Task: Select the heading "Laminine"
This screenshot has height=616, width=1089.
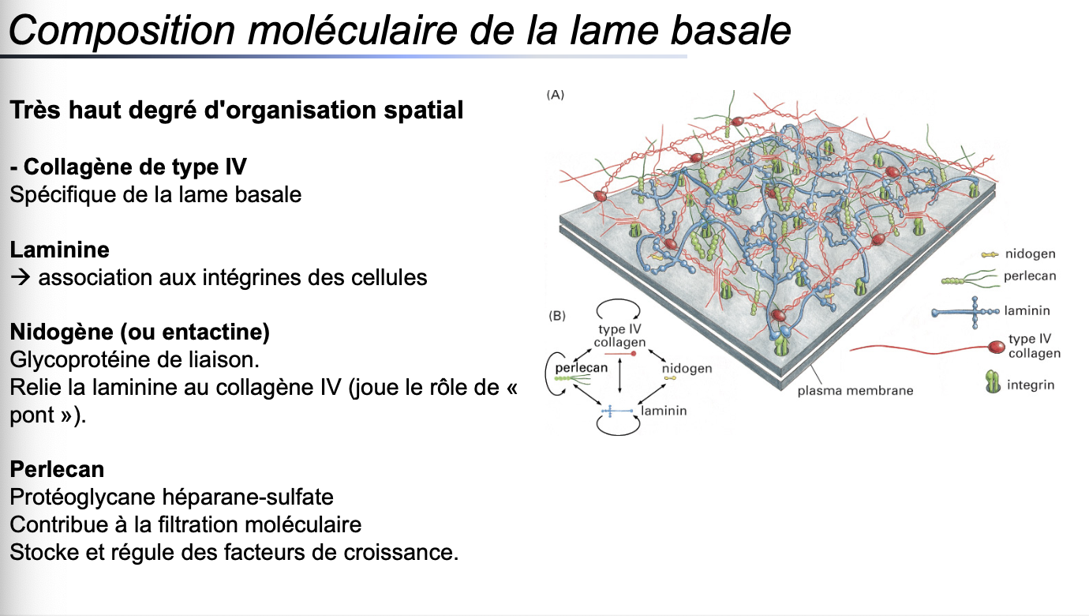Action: [60, 250]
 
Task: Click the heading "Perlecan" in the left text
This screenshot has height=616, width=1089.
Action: [57, 469]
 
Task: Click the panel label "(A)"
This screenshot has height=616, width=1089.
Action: [556, 95]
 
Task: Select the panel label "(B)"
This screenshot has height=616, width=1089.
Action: [556, 316]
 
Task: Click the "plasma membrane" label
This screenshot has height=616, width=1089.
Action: [855, 390]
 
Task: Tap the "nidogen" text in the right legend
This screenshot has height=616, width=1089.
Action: [1030, 254]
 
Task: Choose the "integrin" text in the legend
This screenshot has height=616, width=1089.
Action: [1031, 385]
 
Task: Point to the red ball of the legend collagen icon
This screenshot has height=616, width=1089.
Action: [997, 346]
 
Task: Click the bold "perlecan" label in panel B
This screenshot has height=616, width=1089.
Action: [581, 368]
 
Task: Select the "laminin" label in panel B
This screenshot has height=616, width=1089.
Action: [664, 411]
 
